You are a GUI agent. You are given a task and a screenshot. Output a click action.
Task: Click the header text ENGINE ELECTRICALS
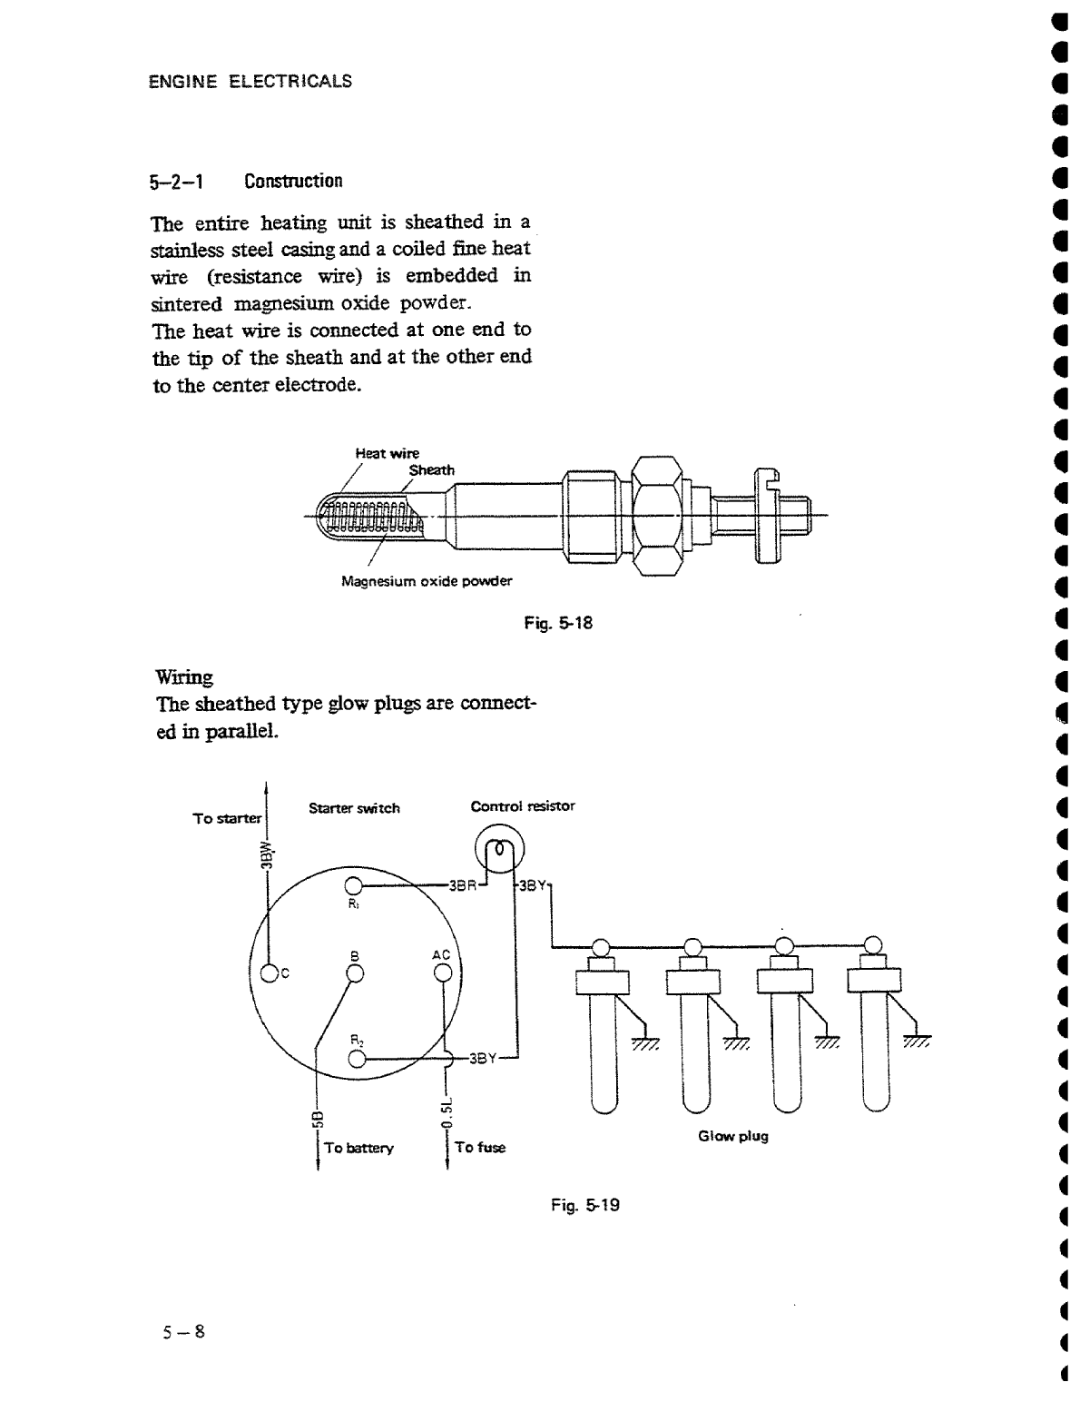[250, 82]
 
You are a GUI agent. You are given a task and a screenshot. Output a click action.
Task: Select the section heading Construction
[293, 181]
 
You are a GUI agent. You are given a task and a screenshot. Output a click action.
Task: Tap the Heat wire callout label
[387, 453]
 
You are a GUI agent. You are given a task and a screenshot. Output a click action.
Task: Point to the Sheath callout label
[431, 470]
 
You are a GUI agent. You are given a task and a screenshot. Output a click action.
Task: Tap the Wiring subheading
[185, 677]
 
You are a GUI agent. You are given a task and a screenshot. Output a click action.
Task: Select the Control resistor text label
[522, 806]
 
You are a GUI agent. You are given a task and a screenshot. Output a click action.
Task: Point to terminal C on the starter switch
[270, 974]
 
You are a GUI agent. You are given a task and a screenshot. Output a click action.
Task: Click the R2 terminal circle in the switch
[357, 1059]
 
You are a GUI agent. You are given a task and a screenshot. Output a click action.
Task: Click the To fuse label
[480, 1147]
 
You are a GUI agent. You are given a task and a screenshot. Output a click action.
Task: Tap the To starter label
[227, 818]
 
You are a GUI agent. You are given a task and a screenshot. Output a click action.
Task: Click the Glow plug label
[732, 1136]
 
